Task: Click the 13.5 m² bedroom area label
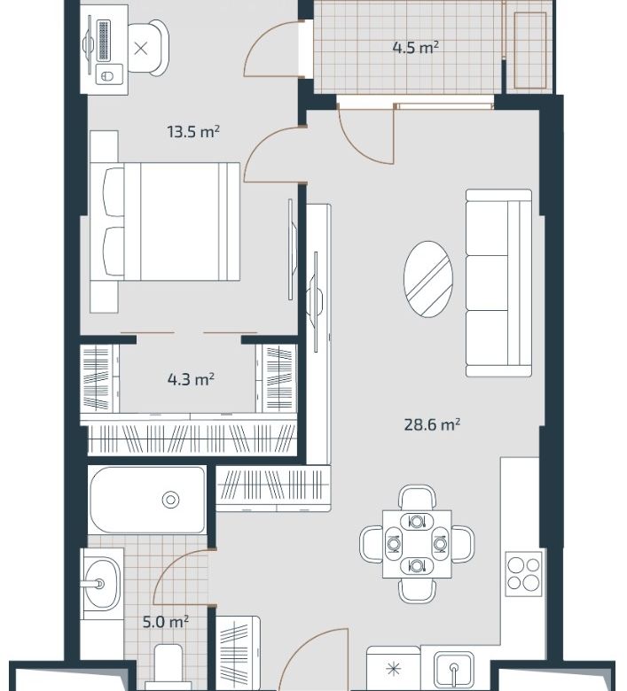point(193,131)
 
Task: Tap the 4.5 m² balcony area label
point(416,47)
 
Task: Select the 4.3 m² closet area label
point(191,379)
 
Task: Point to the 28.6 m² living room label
point(433,424)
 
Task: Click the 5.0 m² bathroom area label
point(166,622)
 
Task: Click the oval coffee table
point(428,278)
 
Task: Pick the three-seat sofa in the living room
point(498,283)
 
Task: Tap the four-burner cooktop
point(523,574)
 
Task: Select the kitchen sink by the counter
point(453,672)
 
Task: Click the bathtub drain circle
point(170,500)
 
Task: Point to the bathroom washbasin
point(102,585)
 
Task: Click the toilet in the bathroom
point(169,668)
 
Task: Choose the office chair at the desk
point(148,48)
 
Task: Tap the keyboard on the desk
point(103,40)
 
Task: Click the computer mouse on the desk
point(106,76)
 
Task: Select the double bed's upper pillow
point(114,191)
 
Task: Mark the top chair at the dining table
point(418,497)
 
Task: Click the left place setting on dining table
point(394,544)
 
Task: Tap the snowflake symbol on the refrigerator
point(393,671)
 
